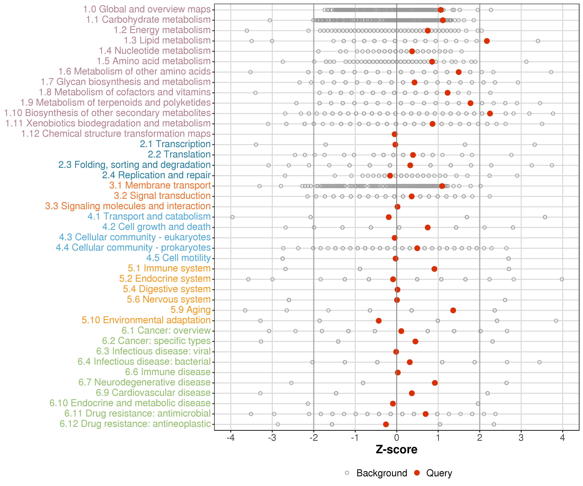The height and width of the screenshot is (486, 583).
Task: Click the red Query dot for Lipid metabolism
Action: pyautogui.click(x=487, y=41)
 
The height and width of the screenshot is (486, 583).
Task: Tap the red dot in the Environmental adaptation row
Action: pyautogui.click(x=378, y=321)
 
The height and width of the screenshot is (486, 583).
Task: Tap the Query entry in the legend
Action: pyautogui.click(x=439, y=473)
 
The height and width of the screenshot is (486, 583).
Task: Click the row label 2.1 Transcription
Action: pyautogui.click(x=175, y=144)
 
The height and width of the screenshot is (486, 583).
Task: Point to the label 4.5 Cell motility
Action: pyautogui.click(x=178, y=258)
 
